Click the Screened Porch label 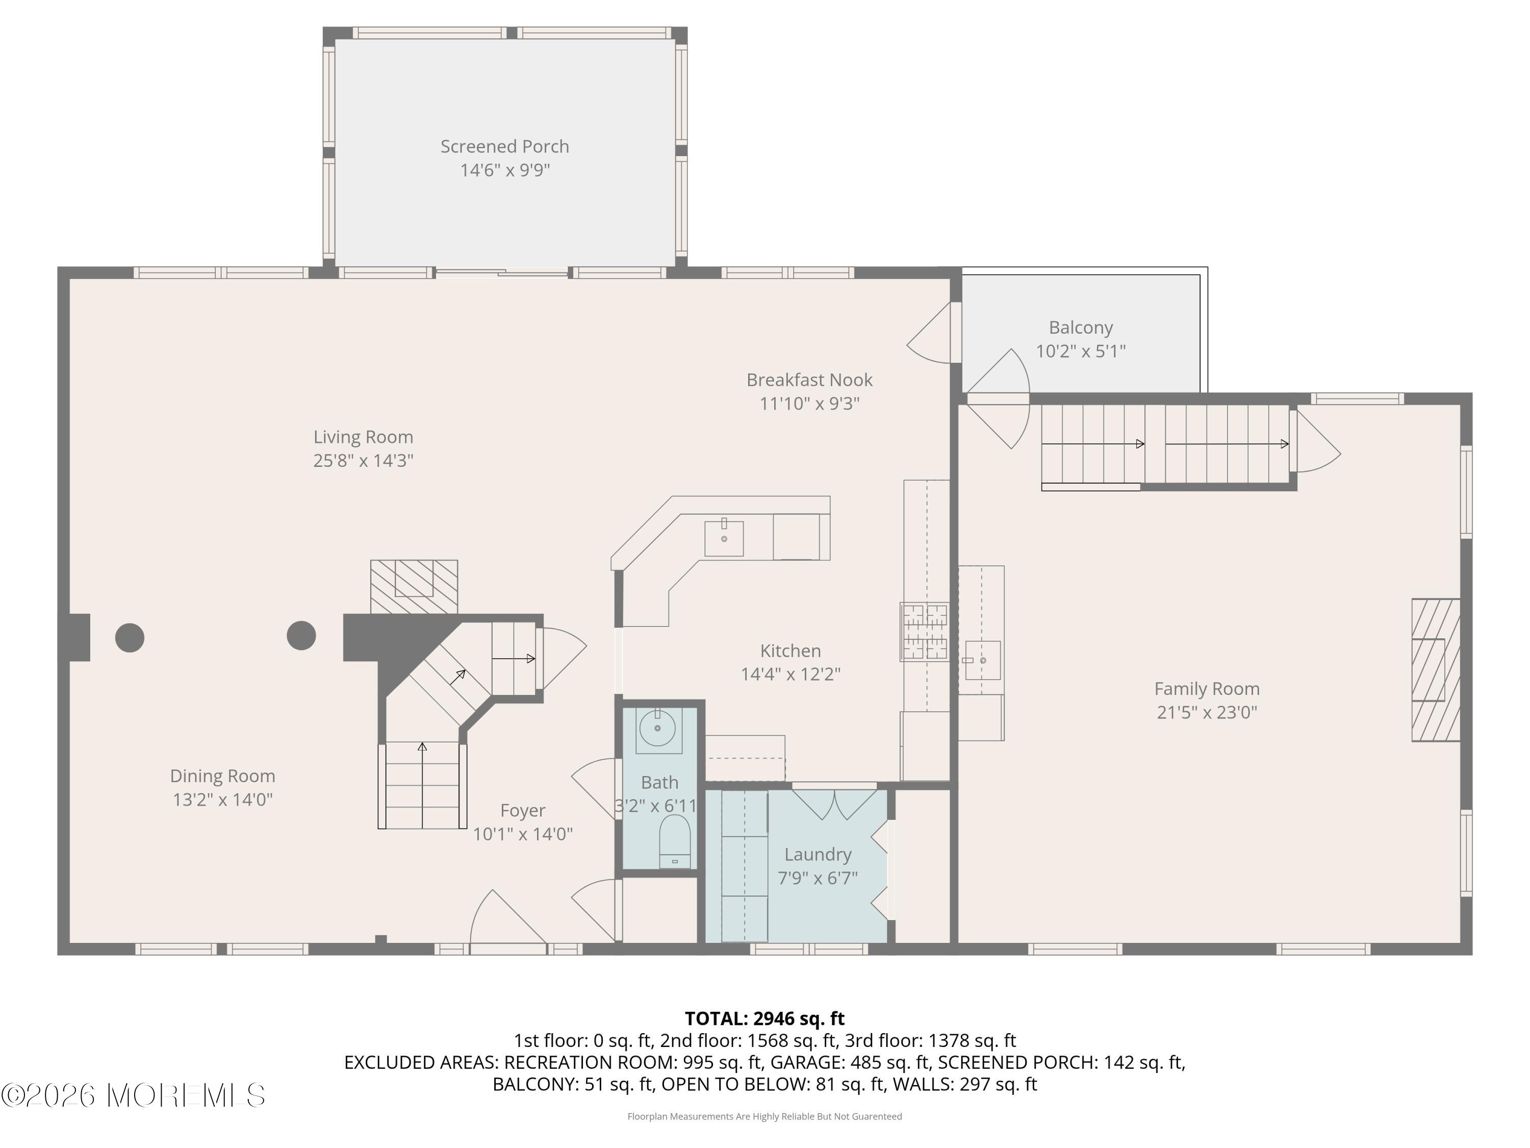504,147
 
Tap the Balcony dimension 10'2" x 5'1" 1080,351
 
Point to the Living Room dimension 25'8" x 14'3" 363,460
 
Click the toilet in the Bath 674,841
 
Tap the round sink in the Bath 656,728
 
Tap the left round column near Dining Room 130,637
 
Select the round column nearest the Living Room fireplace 301,635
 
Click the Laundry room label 817,855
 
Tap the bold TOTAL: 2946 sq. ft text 764,1018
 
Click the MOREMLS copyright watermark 133,1095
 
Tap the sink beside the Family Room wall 982,660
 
